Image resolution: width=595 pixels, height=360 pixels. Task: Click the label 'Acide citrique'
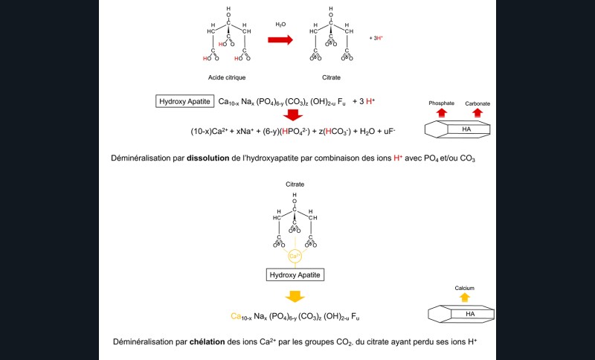point(228,77)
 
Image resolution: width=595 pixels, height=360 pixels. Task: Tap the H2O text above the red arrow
point(280,24)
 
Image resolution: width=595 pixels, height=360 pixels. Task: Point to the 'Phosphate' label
point(441,103)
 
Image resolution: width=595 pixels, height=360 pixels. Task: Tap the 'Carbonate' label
point(477,103)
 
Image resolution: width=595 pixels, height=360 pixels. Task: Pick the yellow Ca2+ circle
point(295,257)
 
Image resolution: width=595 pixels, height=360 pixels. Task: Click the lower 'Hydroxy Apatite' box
point(295,274)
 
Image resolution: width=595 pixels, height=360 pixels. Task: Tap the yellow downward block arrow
point(295,296)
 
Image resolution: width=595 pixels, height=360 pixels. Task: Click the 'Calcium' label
point(465,288)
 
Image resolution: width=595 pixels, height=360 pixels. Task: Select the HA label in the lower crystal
point(469,313)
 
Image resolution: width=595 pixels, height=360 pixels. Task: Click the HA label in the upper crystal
point(466,129)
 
